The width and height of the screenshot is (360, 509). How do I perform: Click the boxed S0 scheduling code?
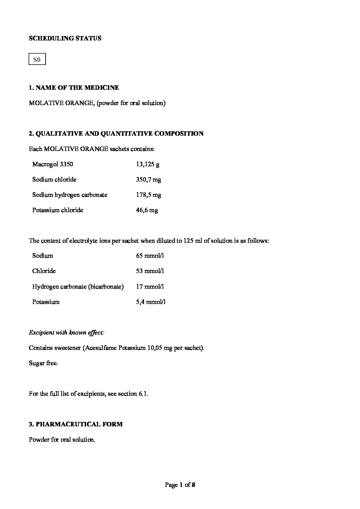coord(37,60)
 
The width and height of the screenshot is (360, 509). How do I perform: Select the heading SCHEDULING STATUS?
coord(65,38)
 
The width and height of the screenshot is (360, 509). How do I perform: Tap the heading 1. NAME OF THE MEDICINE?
coord(74,88)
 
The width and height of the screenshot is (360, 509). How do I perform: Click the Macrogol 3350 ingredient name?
coord(52,164)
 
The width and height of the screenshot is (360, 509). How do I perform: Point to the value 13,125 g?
coord(148,165)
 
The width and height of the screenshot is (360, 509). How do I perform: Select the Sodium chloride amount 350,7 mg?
coord(148,180)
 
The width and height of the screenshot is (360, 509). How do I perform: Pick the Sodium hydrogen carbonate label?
coord(70,195)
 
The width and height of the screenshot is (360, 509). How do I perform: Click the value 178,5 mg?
coord(148,195)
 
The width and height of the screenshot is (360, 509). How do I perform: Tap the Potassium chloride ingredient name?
coord(58,210)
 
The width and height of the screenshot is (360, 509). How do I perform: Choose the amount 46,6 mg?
coord(147,210)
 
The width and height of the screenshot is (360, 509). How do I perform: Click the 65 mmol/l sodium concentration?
coord(150,256)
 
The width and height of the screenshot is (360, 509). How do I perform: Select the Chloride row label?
coord(44,271)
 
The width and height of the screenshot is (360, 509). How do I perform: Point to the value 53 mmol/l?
coord(150,271)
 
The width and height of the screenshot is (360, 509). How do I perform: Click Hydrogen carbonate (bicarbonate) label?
coord(78,287)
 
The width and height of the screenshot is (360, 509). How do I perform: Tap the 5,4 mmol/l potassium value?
coord(151,302)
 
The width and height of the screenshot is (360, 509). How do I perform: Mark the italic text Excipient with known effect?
coord(66,333)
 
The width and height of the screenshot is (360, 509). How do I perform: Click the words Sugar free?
coord(43,363)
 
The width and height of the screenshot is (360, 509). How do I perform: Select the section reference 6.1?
coord(143,394)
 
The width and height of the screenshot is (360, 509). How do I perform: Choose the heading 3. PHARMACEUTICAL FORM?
coord(76,424)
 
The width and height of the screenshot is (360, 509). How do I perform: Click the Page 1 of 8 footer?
coord(180,485)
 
